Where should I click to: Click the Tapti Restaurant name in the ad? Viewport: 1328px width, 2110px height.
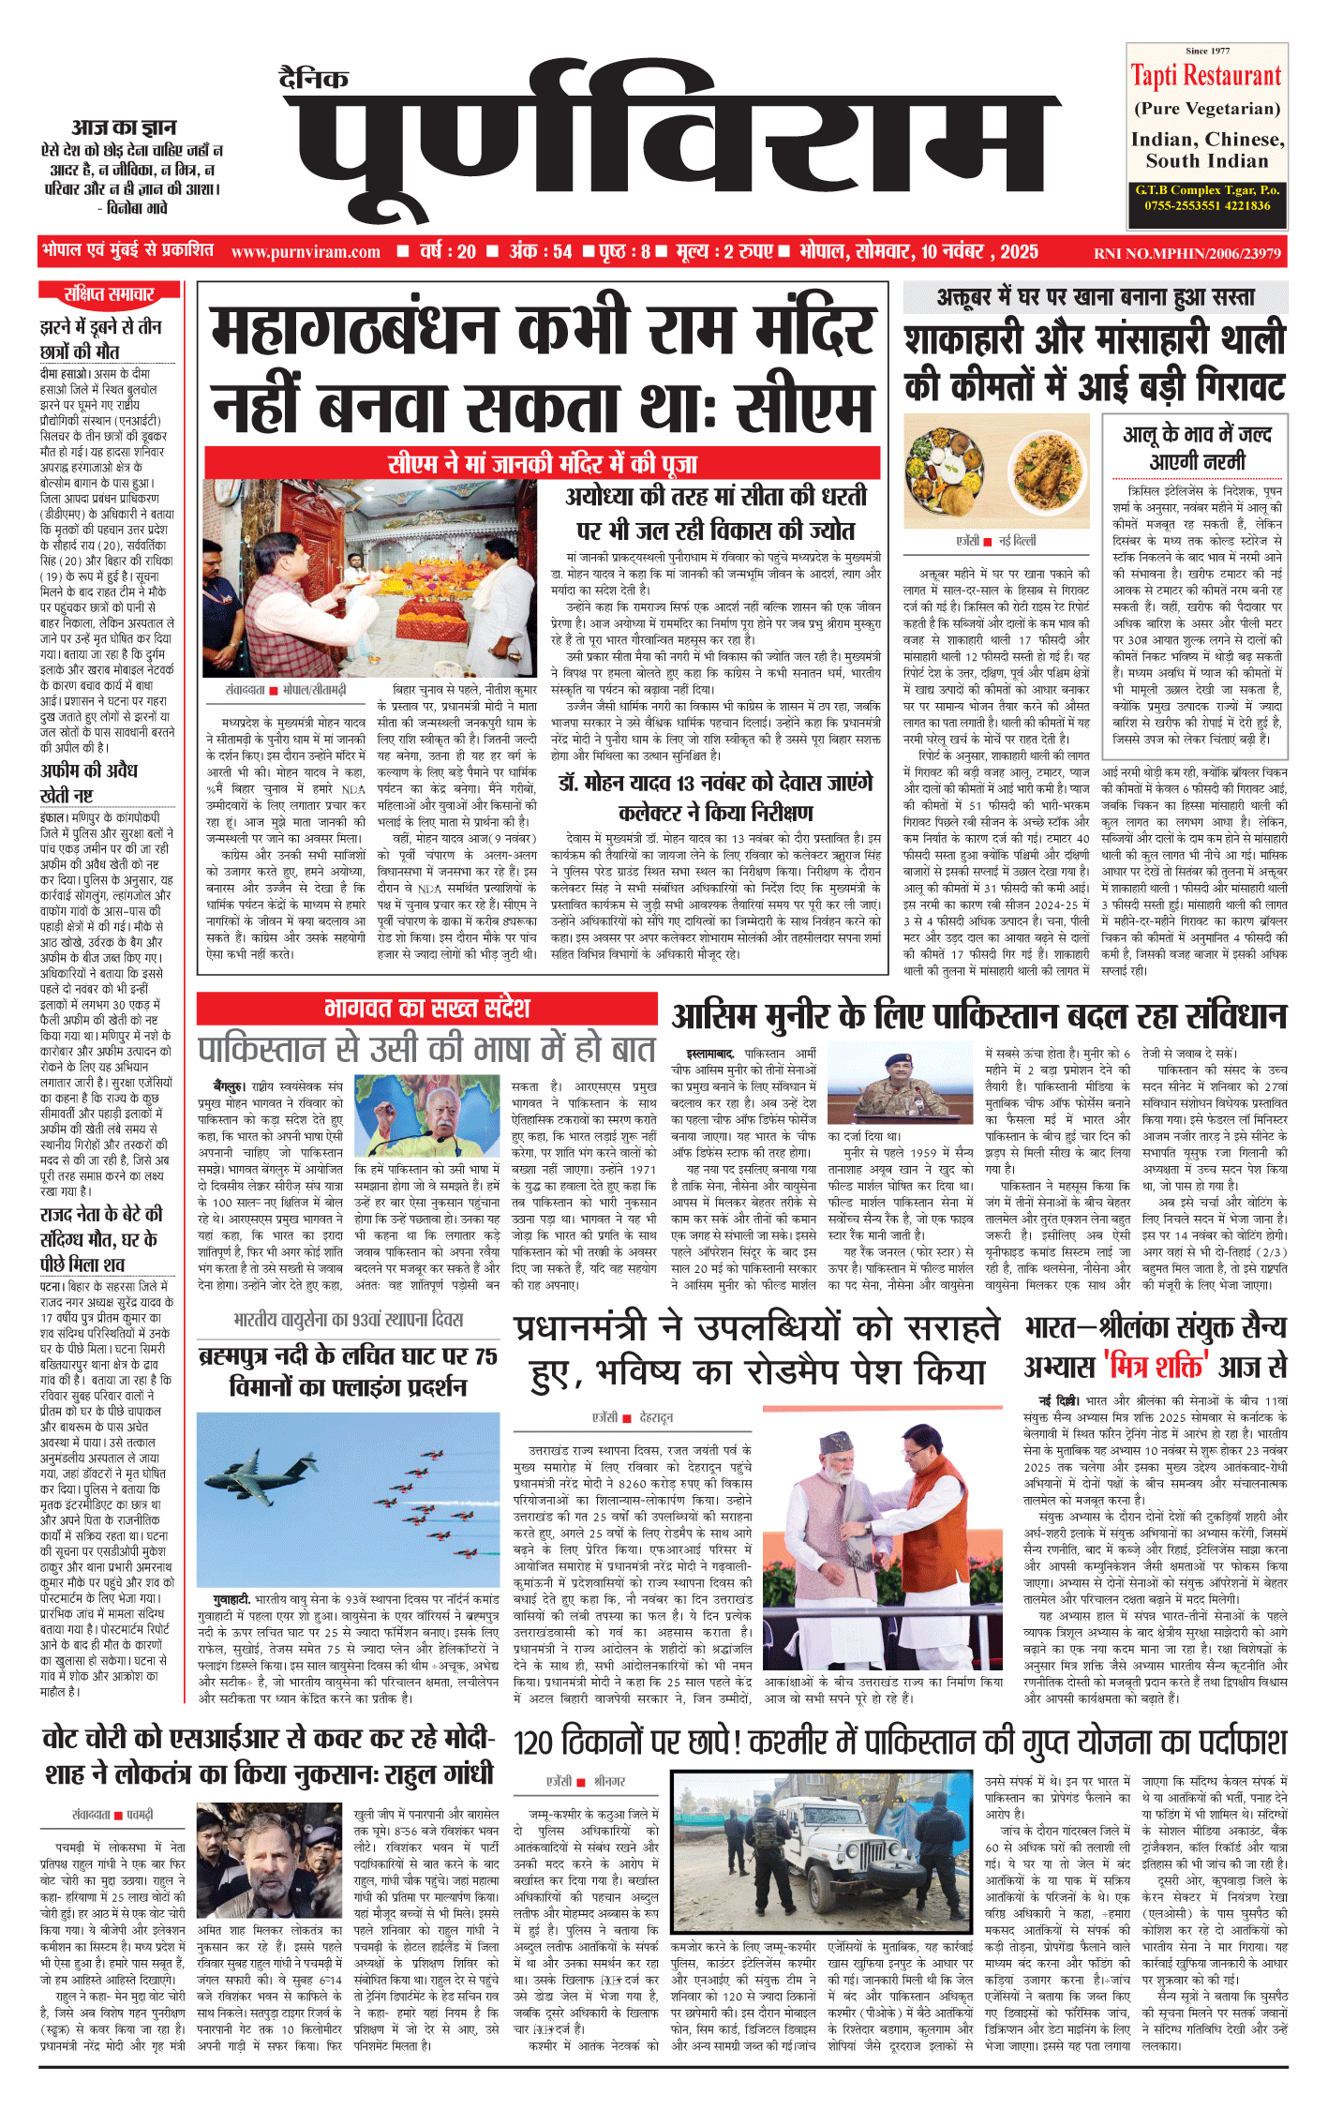pyautogui.click(x=1205, y=76)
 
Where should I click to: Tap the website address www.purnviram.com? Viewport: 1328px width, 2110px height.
pyautogui.click(x=306, y=252)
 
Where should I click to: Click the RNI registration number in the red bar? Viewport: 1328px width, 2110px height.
pyautogui.click(x=1186, y=253)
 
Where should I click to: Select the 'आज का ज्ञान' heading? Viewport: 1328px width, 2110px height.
pyautogui.click(x=124, y=127)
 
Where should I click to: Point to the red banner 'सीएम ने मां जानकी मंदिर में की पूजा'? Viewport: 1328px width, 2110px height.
pyautogui.click(x=543, y=463)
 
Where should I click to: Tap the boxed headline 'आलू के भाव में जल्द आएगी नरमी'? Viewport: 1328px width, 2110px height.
pyautogui.click(x=1197, y=447)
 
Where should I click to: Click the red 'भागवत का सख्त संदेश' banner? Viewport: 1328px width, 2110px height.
pyautogui.click(x=426, y=1009)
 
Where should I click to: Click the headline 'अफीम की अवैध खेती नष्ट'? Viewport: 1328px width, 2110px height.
pyautogui.click(x=89, y=783)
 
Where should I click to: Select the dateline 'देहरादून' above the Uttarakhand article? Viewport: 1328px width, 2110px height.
pyautogui.click(x=656, y=1418)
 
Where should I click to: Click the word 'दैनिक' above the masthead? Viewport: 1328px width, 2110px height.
pyautogui.click(x=314, y=79)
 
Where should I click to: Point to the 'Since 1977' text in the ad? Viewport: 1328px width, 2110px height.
pyautogui.click(x=1207, y=51)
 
